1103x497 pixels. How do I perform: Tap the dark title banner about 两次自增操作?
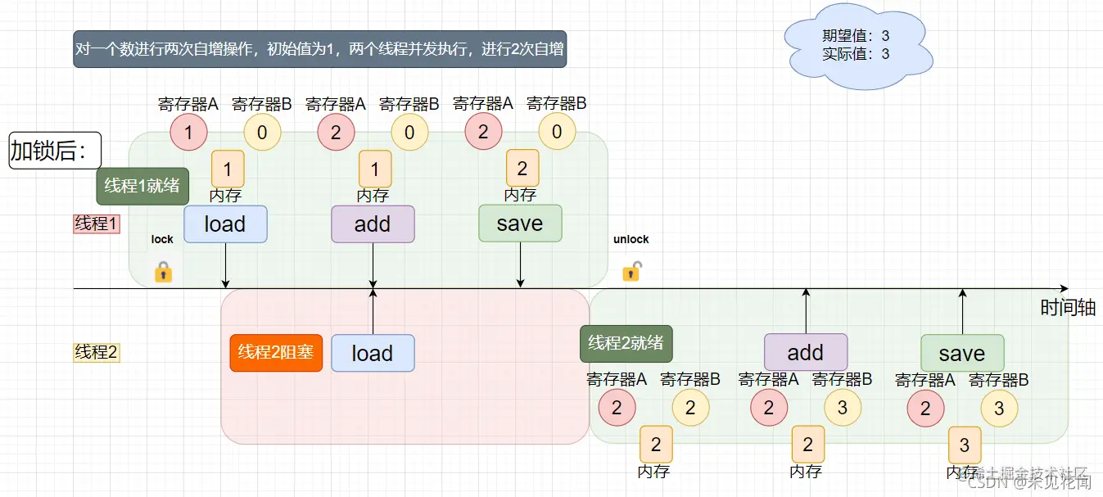(x=319, y=49)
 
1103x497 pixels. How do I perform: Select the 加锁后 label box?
(x=55, y=151)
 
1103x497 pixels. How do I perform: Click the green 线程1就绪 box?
(x=142, y=186)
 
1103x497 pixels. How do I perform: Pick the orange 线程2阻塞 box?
(x=276, y=353)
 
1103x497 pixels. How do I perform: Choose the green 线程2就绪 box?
(x=626, y=343)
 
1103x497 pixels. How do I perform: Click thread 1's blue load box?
(x=225, y=224)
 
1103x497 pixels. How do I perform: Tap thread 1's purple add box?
(x=373, y=224)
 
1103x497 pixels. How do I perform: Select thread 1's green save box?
(x=520, y=224)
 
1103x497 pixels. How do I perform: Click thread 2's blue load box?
(x=373, y=353)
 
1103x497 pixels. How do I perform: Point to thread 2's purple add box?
(x=805, y=352)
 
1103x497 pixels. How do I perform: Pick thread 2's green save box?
(x=961, y=353)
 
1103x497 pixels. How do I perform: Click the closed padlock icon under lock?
(x=163, y=272)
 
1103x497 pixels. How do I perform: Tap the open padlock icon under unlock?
(x=631, y=271)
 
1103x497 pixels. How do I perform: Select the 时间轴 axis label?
(x=1068, y=308)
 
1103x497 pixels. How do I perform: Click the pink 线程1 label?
(x=97, y=224)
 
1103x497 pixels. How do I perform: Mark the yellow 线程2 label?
(x=97, y=353)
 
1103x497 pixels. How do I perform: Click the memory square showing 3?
(x=965, y=445)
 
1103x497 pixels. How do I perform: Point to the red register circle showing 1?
(x=188, y=133)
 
